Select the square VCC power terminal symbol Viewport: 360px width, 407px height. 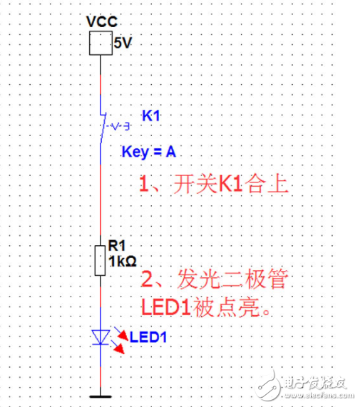99,45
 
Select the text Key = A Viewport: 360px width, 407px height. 148,152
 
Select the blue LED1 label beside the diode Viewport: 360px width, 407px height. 150,336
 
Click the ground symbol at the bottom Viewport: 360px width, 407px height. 100,393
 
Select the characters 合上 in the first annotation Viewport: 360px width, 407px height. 267,187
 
